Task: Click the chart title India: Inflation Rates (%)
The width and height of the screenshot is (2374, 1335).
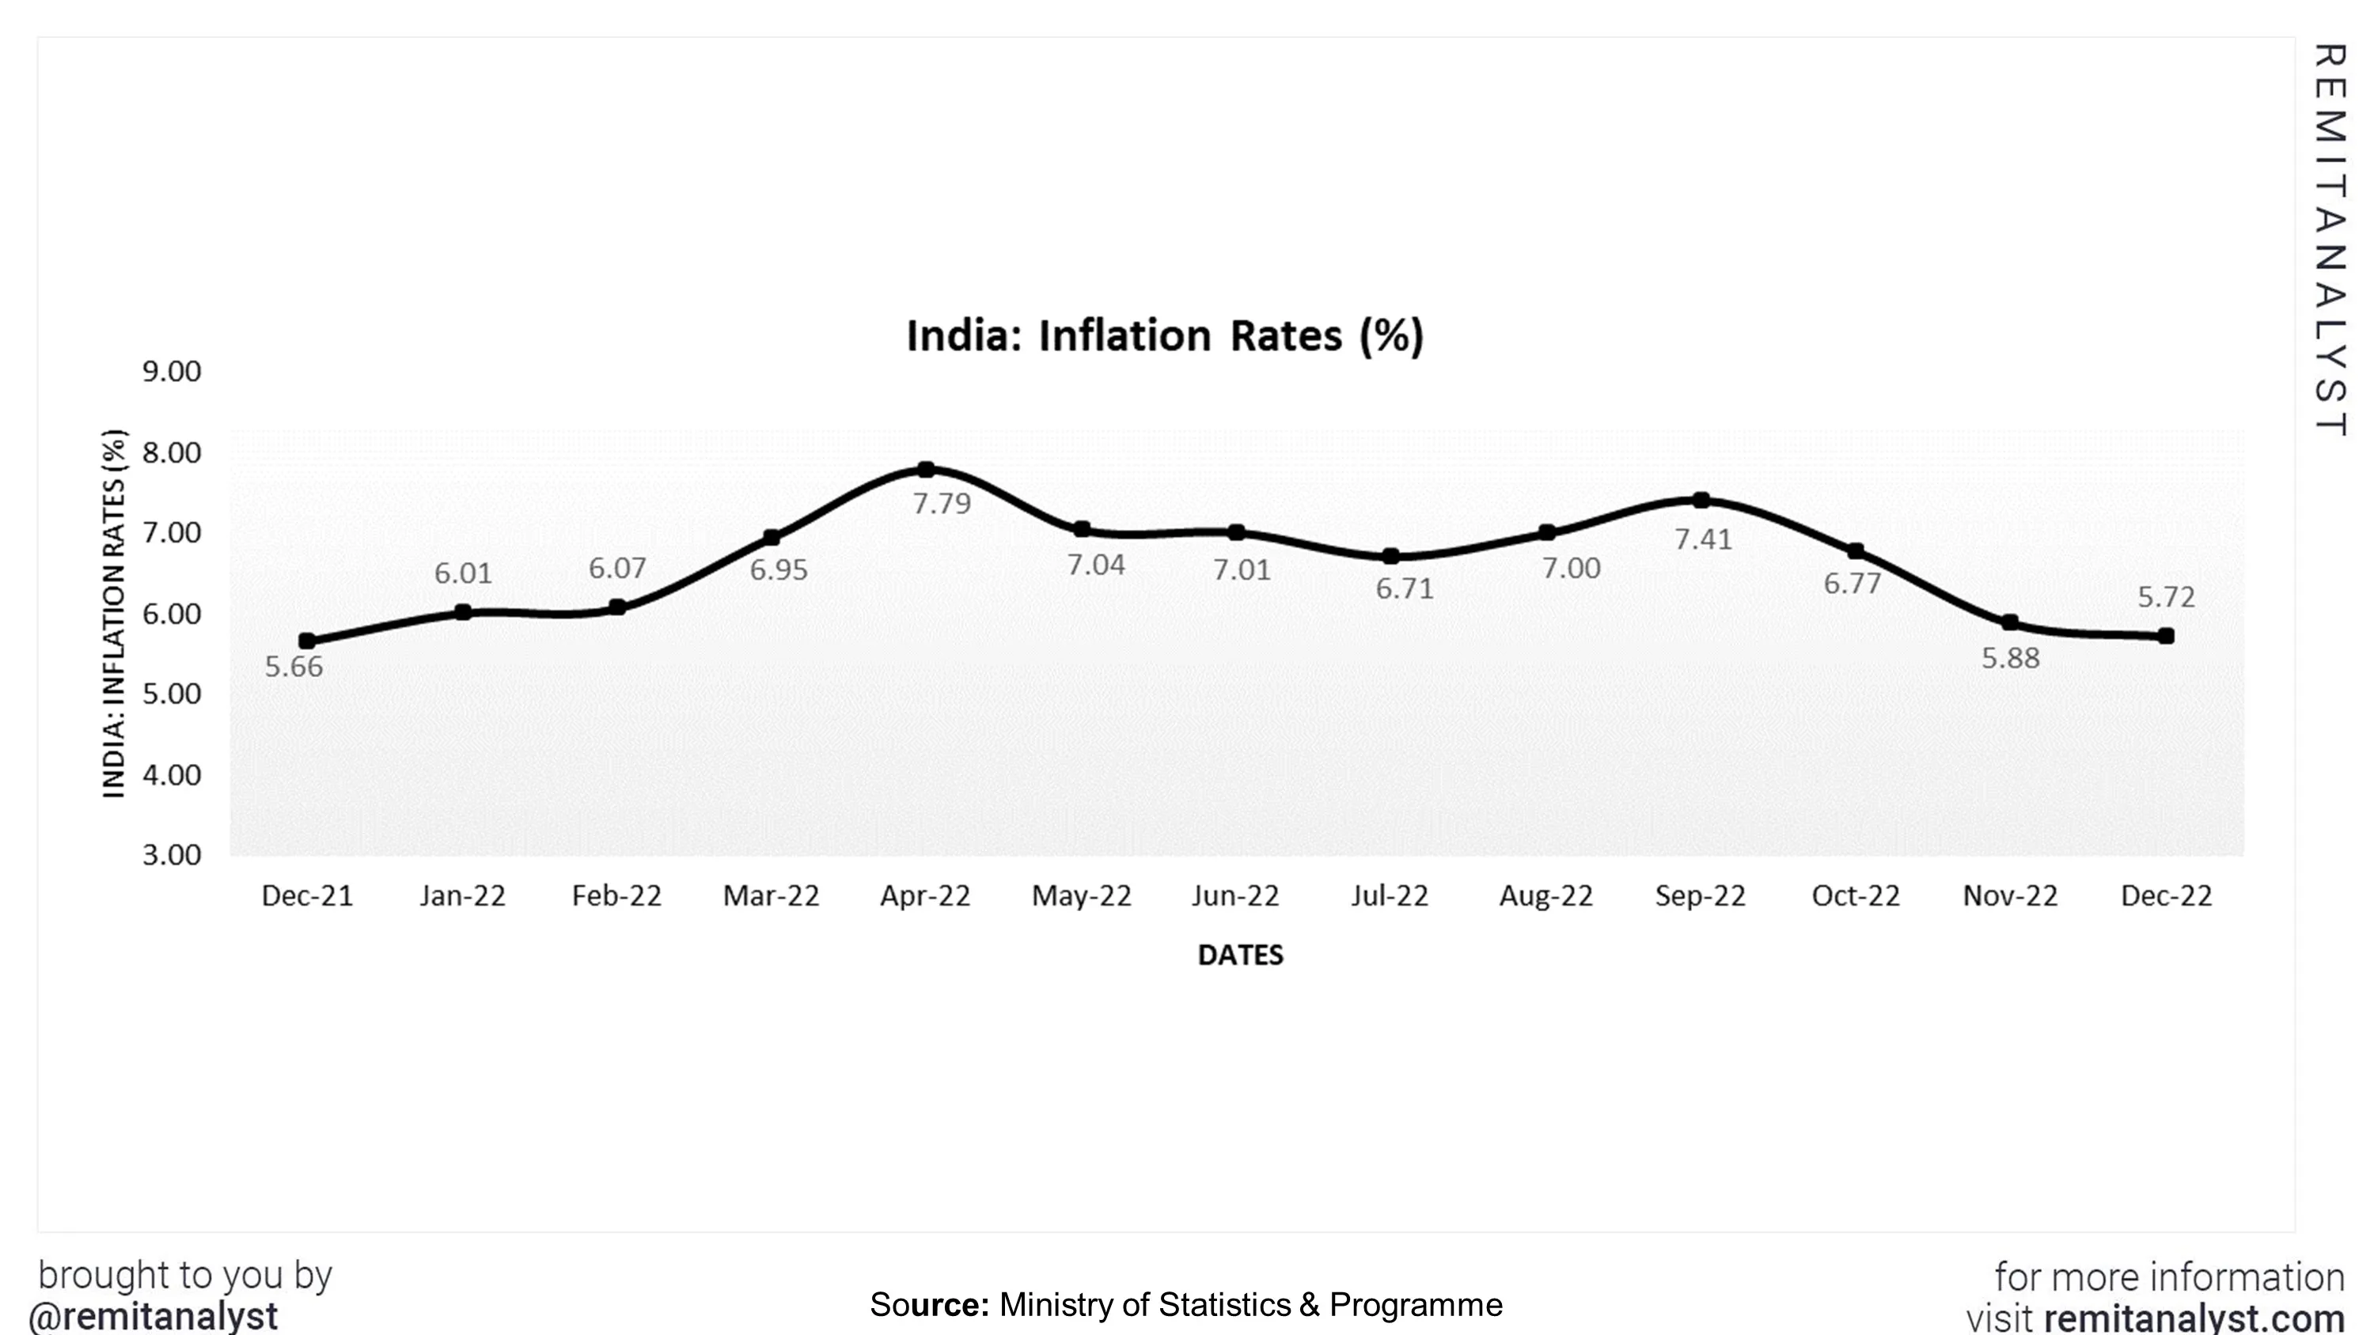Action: pos(1165,335)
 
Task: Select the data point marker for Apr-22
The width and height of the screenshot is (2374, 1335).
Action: pos(926,470)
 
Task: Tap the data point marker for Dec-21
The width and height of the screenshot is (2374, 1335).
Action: pos(307,641)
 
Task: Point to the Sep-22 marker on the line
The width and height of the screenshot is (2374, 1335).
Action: pos(1701,501)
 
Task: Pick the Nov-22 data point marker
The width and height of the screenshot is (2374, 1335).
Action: pos(2011,623)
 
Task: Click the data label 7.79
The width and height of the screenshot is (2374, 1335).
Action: pos(942,504)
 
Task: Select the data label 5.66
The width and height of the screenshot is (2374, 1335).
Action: pos(294,667)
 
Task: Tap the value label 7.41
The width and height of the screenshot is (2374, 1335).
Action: pos(1703,539)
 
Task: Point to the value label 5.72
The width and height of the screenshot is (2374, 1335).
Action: pos(2166,597)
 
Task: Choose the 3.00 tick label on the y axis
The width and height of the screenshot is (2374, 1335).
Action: pos(172,856)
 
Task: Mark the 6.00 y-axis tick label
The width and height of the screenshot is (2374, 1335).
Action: pos(172,615)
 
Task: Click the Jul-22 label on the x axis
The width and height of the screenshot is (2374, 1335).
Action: pos(1390,896)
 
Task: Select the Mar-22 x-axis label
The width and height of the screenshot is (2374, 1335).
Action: pos(772,896)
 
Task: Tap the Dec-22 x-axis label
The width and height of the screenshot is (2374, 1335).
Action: pos(2166,896)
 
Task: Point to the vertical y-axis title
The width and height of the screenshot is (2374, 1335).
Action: pos(113,614)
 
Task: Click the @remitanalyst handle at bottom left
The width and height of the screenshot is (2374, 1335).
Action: pos(154,1317)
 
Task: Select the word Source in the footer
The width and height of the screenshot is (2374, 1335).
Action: pos(929,1306)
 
